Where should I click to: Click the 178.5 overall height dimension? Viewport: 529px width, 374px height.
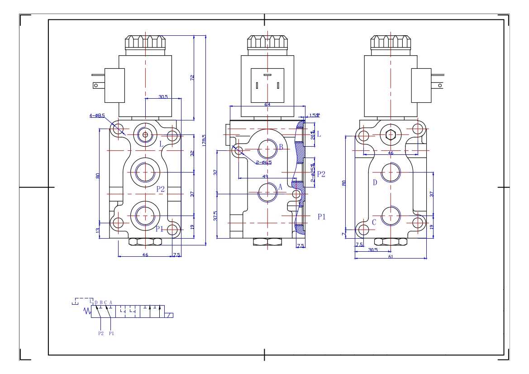(x=204, y=140)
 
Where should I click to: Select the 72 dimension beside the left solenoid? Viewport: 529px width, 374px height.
(x=192, y=78)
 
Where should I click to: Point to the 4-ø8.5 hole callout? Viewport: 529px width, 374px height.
(x=97, y=115)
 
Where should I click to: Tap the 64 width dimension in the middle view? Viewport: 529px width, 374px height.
(x=267, y=105)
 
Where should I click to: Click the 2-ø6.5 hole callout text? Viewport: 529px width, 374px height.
(x=263, y=162)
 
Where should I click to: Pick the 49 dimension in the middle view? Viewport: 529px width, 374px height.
(x=265, y=176)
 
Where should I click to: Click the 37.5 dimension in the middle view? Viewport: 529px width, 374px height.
(x=216, y=216)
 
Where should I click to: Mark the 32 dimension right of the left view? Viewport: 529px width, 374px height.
(x=192, y=153)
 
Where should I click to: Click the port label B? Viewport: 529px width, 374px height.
(x=281, y=147)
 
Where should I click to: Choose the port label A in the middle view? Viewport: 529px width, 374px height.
(x=280, y=187)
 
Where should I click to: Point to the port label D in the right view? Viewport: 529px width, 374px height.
(x=375, y=182)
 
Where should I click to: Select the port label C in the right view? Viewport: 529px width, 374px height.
(x=374, y=222)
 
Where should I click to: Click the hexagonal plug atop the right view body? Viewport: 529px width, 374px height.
(x=391, y=134)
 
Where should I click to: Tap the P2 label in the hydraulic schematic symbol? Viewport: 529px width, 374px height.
(x=101, y=333)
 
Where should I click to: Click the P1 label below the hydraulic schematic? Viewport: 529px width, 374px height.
(x=111, y=333)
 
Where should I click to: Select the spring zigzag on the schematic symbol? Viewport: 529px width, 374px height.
(x=88, y=311)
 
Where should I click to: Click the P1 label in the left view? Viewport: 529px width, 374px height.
(x=159, y=229)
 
